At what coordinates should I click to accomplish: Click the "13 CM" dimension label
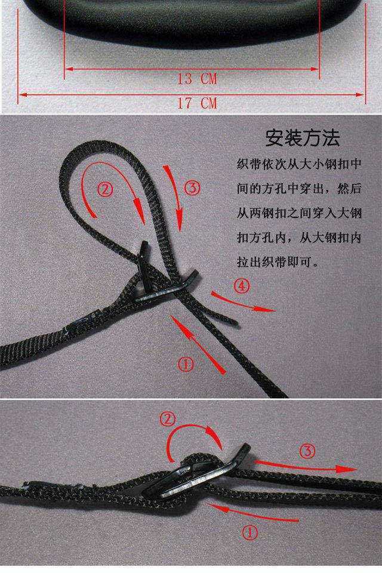click(x=196, y=79)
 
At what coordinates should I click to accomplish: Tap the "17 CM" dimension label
click(x=196, y=103)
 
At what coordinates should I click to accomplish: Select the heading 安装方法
click(x=303, y=138)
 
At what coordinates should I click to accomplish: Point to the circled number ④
click(x=241, y=286)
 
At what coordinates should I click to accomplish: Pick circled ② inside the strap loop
click(x=104, y=190)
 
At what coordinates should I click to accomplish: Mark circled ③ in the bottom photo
click(x=306, y=451)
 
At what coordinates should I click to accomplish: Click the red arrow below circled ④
click(x=245, y=303)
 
